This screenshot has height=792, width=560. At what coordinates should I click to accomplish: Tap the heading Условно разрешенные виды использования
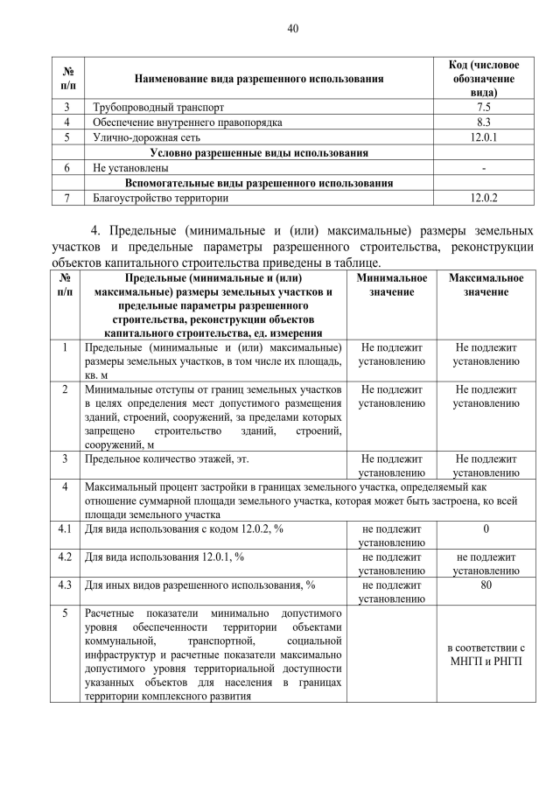[259, 153]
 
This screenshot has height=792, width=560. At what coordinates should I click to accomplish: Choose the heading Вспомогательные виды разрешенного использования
[259, 183]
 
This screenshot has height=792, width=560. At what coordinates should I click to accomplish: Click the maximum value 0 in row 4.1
[486, 529]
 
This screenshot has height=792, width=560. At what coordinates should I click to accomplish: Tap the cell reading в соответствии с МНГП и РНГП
[486, 654]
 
